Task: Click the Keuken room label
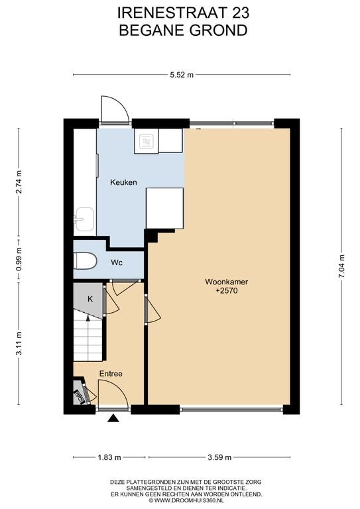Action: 123,182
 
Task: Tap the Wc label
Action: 117,262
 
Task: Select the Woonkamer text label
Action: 226,282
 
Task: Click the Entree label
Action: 111,374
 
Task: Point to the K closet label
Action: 90,299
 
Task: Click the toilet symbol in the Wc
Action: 85,261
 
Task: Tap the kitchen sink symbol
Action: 84,219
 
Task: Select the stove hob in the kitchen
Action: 146,142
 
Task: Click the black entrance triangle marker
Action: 113,418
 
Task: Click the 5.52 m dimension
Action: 182,75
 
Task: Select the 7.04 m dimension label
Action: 342,266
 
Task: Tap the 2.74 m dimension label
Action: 19,182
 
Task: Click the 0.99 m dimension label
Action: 19,259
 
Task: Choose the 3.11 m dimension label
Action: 19,343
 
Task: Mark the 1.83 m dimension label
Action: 109,457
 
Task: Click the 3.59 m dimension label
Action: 219,457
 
